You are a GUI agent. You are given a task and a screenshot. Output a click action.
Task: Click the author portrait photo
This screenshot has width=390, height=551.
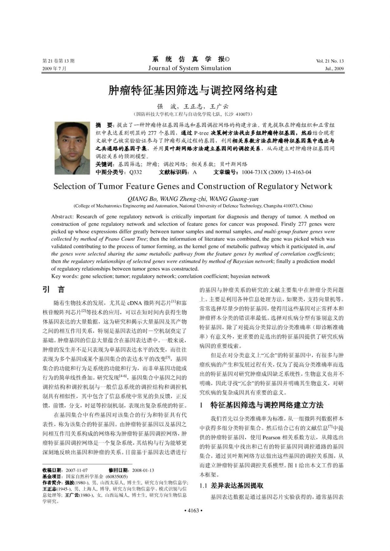[72, 143]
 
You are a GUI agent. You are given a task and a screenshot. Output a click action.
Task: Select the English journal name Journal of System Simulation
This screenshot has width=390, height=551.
[189, 68]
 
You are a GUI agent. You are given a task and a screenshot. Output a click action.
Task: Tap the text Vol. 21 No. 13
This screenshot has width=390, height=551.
[330, 61]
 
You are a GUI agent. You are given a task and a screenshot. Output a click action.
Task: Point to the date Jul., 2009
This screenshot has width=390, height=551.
[334, 69]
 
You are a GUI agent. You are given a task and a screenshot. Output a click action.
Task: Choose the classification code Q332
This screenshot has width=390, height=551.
[136, 172]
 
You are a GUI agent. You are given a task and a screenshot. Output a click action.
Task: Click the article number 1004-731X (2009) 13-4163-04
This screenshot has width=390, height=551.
[276, 172]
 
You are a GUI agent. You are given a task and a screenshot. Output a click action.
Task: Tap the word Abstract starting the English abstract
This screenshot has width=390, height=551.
[63, 216]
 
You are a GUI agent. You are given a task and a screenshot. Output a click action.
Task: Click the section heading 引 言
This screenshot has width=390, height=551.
[54, 289]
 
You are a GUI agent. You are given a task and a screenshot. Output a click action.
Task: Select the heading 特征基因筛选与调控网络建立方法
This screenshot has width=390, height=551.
[267, 405]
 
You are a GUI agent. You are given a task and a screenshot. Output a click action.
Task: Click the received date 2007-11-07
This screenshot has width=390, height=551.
[77, 470]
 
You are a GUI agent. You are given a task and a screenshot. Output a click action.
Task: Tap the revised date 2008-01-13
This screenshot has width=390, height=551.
[143, 470]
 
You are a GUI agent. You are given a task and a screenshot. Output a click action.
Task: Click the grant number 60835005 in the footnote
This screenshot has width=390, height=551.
[117, 477]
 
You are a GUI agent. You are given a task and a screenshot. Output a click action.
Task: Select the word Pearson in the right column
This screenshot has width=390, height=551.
[271, 437]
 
